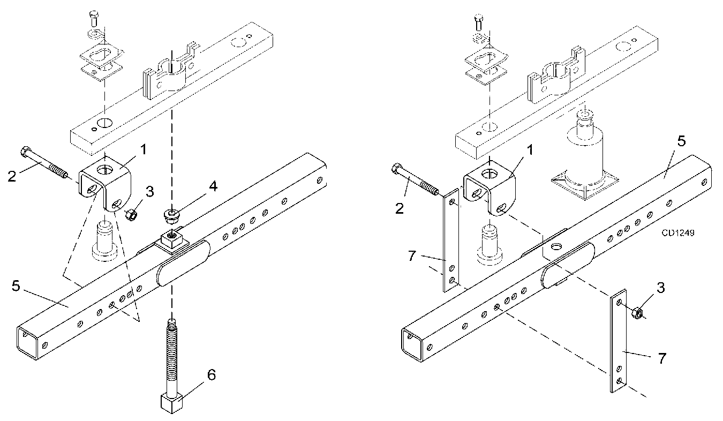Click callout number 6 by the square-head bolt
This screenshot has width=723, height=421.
click(x=212, y=375)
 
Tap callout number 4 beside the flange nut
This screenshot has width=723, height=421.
click(x=214, y=186)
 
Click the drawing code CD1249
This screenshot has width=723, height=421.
click(x=678, y=233)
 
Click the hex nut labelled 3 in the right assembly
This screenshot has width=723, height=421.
click(x=637, y=312)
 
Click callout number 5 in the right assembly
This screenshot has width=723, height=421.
click(x=681, y=141)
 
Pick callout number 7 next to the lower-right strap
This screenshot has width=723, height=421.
click(x=662, y=358)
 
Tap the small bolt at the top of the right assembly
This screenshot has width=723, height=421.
click(x=478, y=22)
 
